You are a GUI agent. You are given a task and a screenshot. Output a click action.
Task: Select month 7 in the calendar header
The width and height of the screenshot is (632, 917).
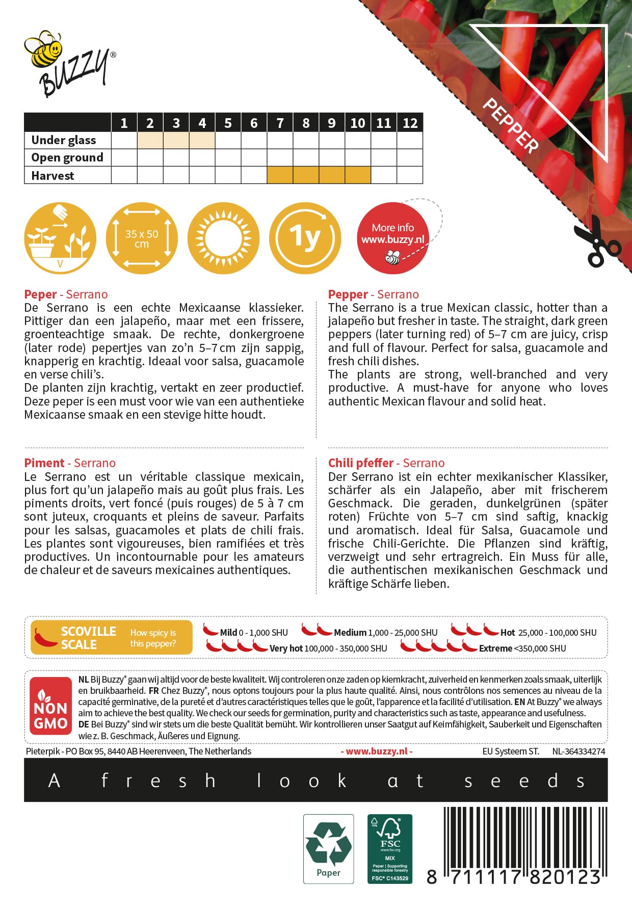point(280,123)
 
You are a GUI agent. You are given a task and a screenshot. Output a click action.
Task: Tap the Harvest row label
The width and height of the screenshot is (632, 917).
point(53,176)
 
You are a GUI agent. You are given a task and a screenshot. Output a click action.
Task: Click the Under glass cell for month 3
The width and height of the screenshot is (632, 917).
point(176,140)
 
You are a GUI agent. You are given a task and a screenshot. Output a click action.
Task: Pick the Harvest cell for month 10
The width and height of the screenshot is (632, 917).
point(358,176)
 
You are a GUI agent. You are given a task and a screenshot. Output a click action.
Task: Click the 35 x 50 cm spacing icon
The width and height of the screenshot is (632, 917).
point(142,238)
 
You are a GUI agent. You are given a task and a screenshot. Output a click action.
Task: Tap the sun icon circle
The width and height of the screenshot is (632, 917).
point(223,238)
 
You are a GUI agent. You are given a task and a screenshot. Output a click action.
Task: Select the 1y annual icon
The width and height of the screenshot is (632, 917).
point(305,238)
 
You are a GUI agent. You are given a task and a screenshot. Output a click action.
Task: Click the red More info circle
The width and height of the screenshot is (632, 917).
point(392,238)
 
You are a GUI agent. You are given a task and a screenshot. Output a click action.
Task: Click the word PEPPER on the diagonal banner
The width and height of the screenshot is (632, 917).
point(510,125)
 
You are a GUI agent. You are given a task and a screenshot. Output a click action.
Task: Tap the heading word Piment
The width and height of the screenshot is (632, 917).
point(44,463)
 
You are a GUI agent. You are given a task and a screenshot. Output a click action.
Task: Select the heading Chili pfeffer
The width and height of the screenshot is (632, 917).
point(361,463)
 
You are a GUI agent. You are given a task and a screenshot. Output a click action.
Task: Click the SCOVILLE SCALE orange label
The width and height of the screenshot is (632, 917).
point(112,637)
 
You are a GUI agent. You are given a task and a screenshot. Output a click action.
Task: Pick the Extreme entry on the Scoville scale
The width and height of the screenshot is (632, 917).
point(495,649)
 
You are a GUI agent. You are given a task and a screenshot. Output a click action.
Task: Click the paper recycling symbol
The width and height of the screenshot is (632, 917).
point(328,848)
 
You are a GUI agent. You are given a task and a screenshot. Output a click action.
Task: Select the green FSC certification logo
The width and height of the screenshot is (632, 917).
point(390,848)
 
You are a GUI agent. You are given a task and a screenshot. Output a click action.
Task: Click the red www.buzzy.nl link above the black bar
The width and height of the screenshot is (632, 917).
point(377,751)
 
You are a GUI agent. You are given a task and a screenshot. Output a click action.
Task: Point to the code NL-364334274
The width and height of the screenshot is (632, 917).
point(578,751)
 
